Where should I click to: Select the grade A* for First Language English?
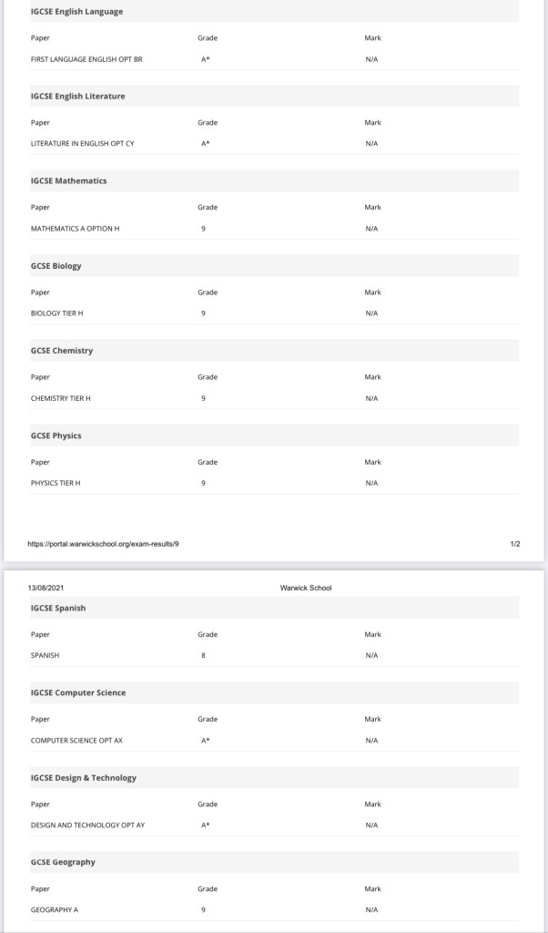tap(206, 58)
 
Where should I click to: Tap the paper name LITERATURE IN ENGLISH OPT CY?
tap(83, 143)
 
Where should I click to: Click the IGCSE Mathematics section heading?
tap(68, 180)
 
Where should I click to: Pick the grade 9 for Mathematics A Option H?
tap(203, 228)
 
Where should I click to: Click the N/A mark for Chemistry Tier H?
tap(371, 398)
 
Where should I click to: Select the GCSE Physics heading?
tap(56, 436)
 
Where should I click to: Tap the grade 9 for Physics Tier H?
tap(203, 483)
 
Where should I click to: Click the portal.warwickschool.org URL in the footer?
tap(104, 544)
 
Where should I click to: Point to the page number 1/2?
tap(515, 544)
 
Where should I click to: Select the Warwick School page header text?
tap(306, 588)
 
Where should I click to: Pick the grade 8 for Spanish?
tap(203, 655)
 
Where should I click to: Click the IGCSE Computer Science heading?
tap(78, 692)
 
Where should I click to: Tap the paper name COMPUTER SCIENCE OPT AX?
tap(76, 740)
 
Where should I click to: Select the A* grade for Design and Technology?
tap(206, 825)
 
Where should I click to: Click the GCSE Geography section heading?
tap(63, 862)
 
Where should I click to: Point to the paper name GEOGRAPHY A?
tap(55, 909)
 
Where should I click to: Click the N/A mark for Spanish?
tap(371, 655)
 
